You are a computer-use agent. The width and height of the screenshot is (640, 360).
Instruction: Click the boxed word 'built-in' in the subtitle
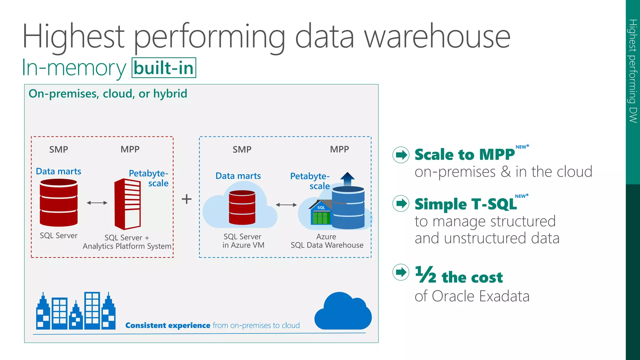tap(164, 68)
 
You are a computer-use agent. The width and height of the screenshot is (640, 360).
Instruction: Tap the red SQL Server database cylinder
tap(59, 202)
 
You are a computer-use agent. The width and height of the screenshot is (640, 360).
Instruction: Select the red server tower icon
tap(127, 204)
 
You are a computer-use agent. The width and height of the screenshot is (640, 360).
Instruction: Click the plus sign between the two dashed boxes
tap(187, 199)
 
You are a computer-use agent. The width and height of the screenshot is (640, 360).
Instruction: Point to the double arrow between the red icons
tap(97, 203)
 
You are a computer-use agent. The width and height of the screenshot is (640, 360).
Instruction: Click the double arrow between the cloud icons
tap(286, 205)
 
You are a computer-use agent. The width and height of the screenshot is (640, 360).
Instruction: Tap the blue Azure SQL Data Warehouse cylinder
tap(348, 207)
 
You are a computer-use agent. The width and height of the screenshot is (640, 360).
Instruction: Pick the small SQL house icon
tap(320, 213)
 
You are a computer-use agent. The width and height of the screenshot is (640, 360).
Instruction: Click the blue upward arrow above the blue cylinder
tap(347, 179)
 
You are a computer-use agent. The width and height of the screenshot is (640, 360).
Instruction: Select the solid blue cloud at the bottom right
tap(343, 312)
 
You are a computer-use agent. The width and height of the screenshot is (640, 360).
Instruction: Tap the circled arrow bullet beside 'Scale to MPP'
tap(401, 155)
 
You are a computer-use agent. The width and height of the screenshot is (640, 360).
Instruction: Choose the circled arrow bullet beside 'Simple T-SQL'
tap(401, 204)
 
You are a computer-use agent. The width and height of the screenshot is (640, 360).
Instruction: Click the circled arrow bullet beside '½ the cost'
tap(401, 272)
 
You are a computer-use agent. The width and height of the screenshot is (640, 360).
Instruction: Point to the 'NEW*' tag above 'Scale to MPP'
tap(522, 147)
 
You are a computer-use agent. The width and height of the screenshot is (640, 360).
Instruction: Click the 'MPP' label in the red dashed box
tap(130, 149)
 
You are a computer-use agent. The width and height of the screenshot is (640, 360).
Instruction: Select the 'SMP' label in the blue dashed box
tap(242, 149)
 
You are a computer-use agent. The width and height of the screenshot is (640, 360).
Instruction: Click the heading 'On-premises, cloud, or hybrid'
tap(108, 94)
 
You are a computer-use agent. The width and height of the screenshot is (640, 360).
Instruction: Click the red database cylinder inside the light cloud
tap(242, 207)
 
